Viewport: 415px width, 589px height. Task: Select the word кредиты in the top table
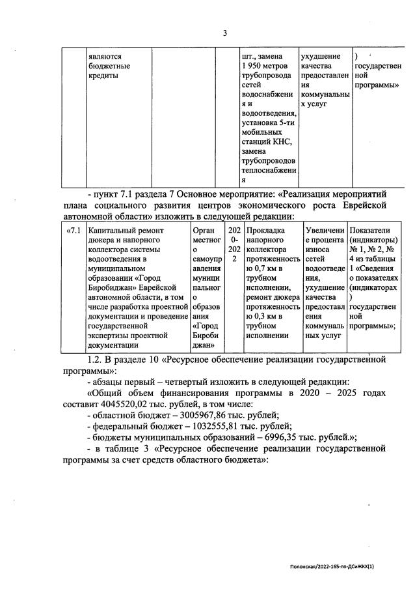103,76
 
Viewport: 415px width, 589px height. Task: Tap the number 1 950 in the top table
252,66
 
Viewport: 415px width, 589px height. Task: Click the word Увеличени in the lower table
324,230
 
